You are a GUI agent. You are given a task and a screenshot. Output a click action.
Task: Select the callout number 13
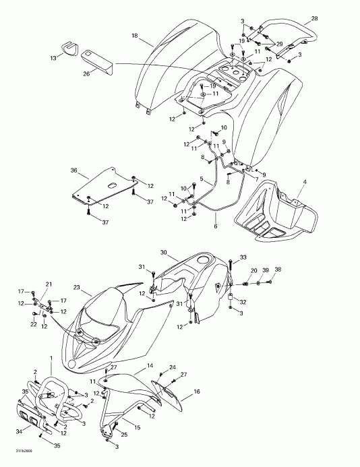click(x=54, y=59)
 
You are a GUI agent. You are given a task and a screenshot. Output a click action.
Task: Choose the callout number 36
click(x=74, y=171)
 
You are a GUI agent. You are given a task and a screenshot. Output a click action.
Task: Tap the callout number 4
click(x=305, y=183)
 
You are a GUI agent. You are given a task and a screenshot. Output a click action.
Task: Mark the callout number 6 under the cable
click(x=216, y=226)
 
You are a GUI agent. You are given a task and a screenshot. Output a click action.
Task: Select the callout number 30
click(x=163, y=252)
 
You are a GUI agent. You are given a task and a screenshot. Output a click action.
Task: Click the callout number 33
click(x=243, y=257)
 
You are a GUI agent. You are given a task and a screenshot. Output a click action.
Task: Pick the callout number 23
click(x=76, y=288)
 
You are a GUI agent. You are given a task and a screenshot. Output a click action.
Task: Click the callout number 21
click(x=48, y=283)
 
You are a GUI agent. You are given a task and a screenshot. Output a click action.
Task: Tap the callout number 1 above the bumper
click(x=50, y=356)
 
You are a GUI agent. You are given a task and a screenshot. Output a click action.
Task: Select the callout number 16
click(x=197, y=391)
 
